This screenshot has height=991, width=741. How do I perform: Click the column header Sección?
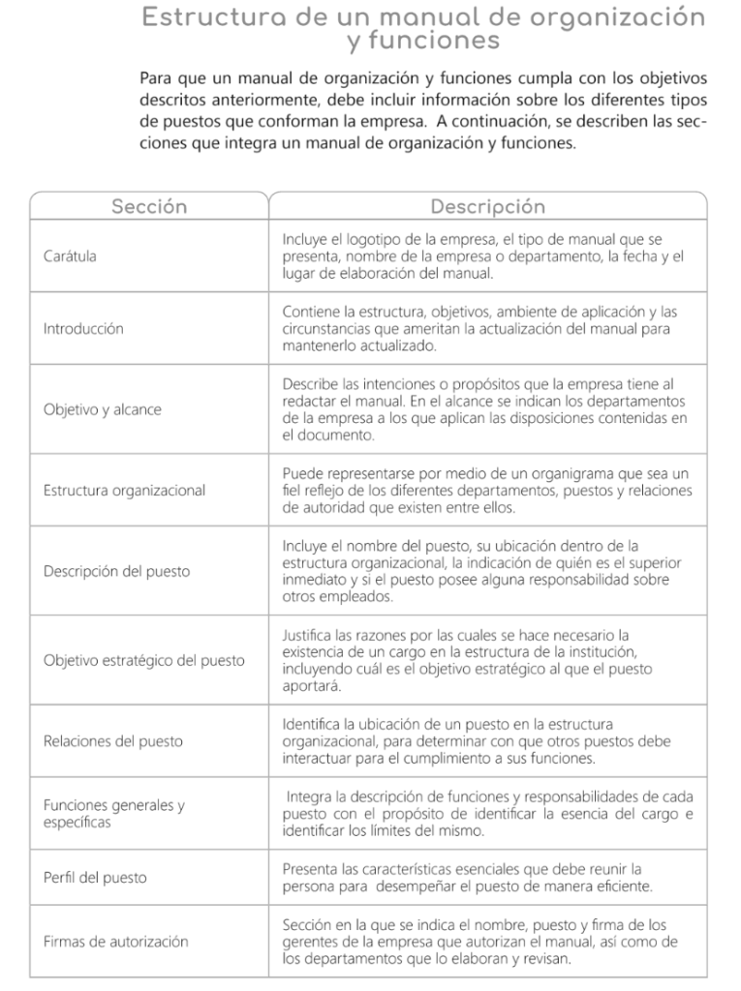point(149,207)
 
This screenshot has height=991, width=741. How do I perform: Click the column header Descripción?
point(487,207)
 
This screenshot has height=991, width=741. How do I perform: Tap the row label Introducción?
point(83,329)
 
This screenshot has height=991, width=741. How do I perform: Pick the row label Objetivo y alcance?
point(103,409)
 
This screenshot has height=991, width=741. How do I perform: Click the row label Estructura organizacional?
point(124,491)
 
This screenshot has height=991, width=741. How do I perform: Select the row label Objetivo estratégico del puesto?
point(144,661)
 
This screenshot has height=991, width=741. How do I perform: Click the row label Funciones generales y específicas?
point(114,813)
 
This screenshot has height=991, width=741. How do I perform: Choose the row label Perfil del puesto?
point(95,878)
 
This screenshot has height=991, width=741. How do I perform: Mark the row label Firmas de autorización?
point(115,941)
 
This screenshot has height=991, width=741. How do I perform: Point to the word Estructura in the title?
point(202,17)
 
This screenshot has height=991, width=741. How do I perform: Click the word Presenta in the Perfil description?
point(312,868)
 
